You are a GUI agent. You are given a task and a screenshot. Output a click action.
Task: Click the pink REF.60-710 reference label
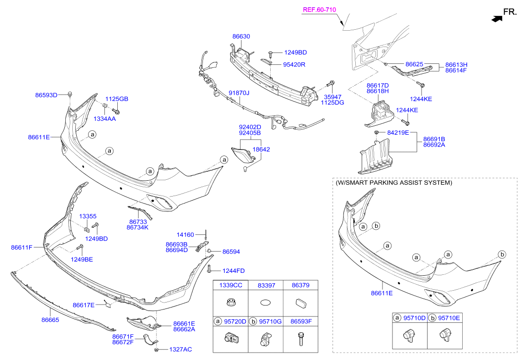click(x=319, y=10)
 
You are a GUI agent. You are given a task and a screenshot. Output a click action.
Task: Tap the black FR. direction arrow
click(x=497, y=19)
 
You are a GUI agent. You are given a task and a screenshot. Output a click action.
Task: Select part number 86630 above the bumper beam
click(x=241, y=37)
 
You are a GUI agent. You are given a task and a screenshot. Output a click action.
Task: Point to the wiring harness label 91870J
click(x=239, y=93)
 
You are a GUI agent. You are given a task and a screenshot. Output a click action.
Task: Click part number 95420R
click(x=294, y=64)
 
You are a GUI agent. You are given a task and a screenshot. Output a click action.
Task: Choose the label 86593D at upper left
click(x=46, y=95)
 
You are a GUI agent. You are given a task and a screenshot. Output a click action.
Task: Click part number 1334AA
click(x=104, y=119)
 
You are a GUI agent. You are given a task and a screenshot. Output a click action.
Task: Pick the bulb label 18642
click(x=261, y=150)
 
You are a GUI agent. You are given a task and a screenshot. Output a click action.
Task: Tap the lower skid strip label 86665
click(x=50, y=320)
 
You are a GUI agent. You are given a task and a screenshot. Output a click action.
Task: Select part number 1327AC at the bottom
click(x=181, y=350)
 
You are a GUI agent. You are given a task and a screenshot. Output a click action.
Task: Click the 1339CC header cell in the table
click(x=231, y=285)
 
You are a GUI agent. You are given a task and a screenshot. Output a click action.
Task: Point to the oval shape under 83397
click(x=266, y=303)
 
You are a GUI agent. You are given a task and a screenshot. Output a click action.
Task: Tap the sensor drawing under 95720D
click(x=232, y=338)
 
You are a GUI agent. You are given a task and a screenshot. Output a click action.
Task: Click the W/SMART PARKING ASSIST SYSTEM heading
click(x=394, y=183)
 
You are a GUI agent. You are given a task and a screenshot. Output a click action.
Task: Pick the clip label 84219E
click(x=398, y=133)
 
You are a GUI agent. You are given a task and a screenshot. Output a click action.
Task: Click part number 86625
click(x=414, y=64)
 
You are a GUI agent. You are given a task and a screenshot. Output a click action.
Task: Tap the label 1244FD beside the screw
click(x=234, y=271)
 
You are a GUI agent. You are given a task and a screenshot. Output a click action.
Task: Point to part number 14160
click(x=185, y=235)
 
